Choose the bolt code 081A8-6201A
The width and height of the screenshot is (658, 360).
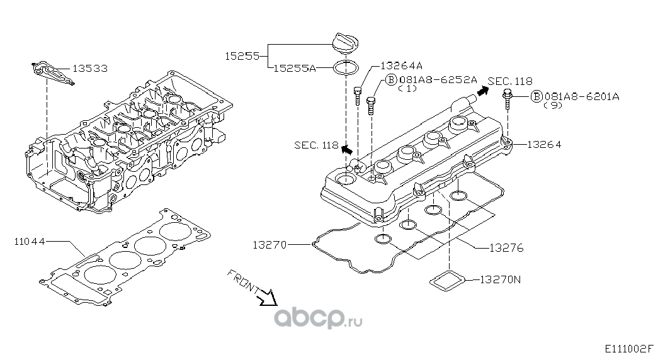click(x=582, y=96)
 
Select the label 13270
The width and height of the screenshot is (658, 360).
click(x=271, y=244)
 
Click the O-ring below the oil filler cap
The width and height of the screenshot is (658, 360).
click(x=346, y=67)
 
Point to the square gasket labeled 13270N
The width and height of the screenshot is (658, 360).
click(x=448, y=281)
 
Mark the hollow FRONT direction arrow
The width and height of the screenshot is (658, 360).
click(x=269, y=295)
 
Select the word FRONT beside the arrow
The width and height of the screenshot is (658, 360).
click(x=242, y=281)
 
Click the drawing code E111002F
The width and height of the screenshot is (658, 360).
click(x=629, y=348)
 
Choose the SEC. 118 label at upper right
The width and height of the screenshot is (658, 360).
click(x=510, y=81)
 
